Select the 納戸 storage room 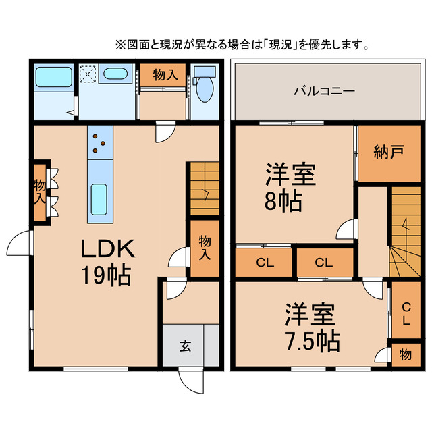pyautogui.click(x=389, y=153)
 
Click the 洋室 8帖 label pyautogui.click(x=290, y=187)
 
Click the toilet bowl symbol pyautogui.click(x=205, y=88)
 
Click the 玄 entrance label pyautogui.click(x=184, y=346)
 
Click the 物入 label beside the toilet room pyautogui.click(x=165, y=75)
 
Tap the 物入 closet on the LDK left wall pyautogui.click(x=40, y=192)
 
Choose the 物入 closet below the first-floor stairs pyautogui.click(x=205, y=248)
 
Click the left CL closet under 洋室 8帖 pyautogui.click(x=263, y=263)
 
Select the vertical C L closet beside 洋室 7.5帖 pyautogui.click(x=406, y=315)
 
